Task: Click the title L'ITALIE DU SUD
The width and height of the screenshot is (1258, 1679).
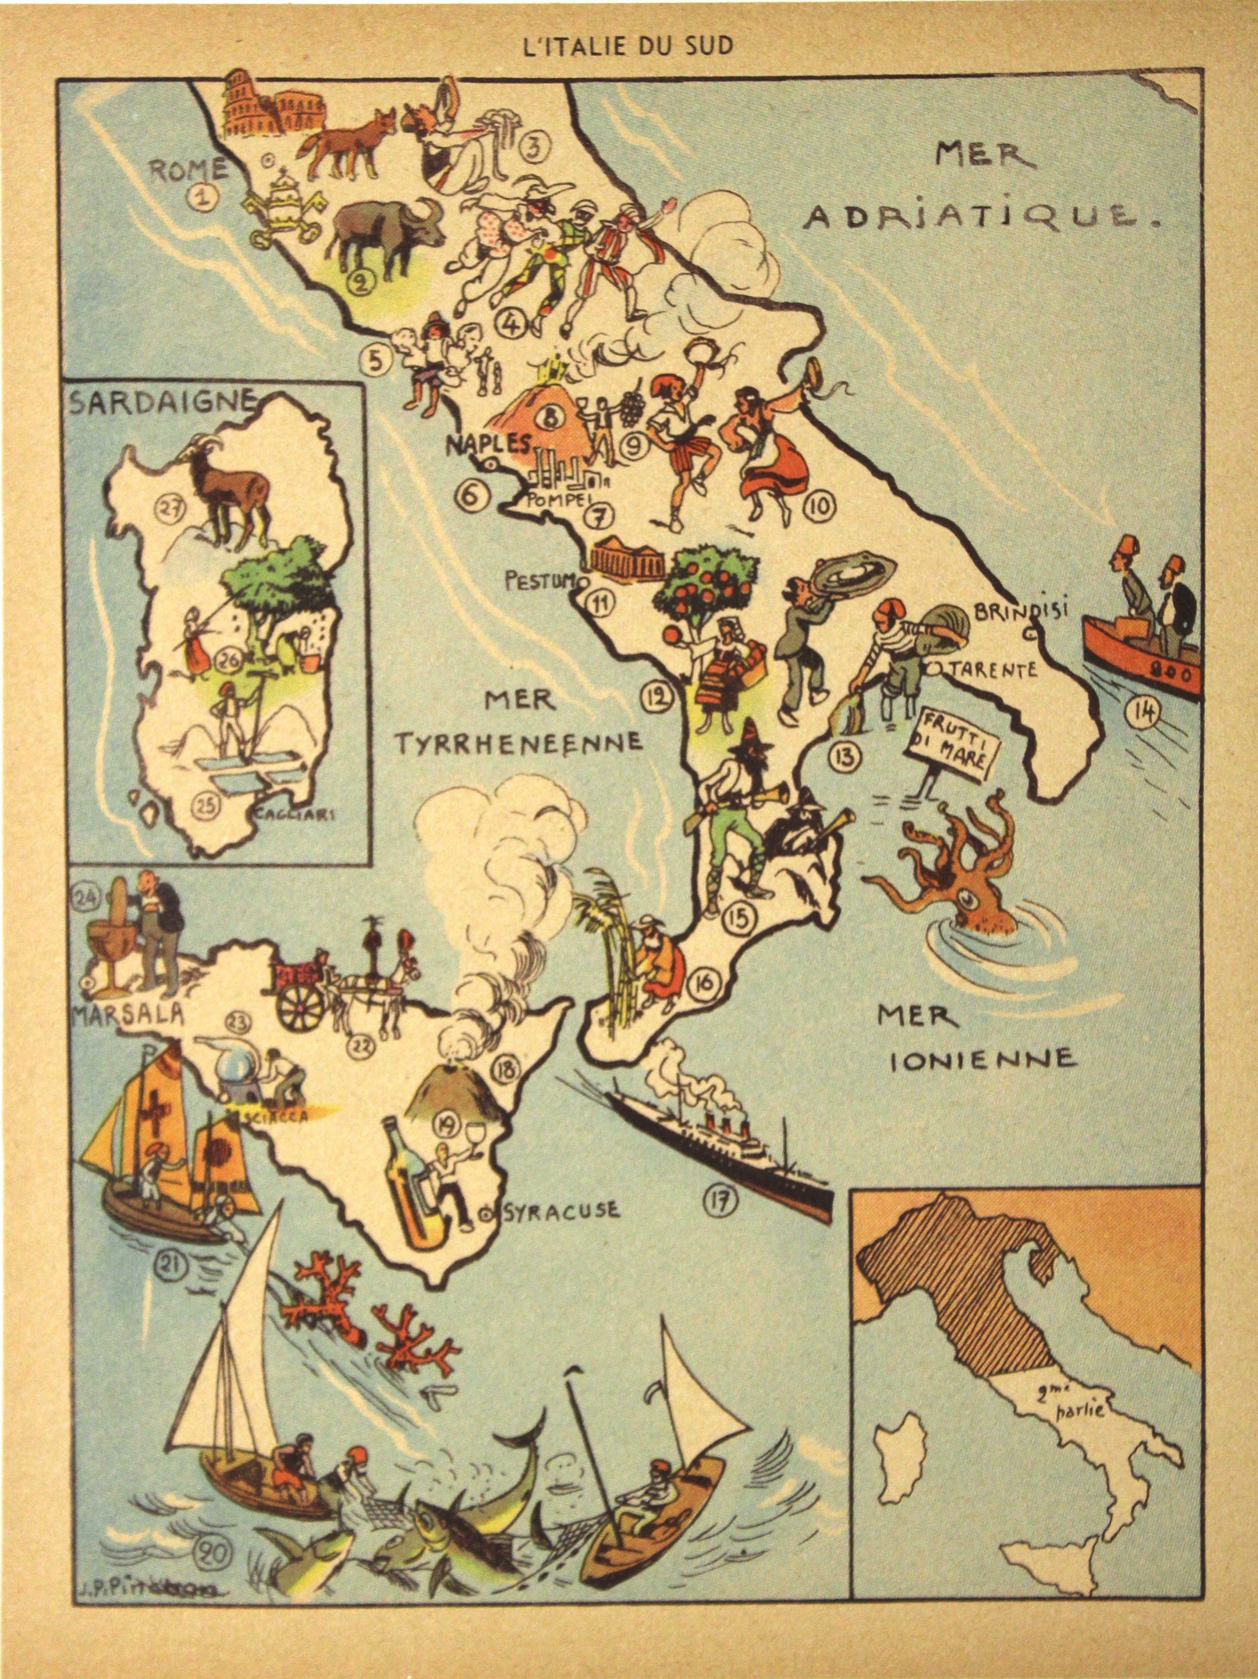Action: tap(629, 46)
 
